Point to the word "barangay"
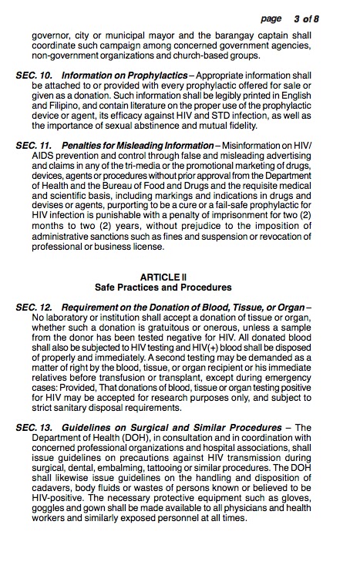228,35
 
